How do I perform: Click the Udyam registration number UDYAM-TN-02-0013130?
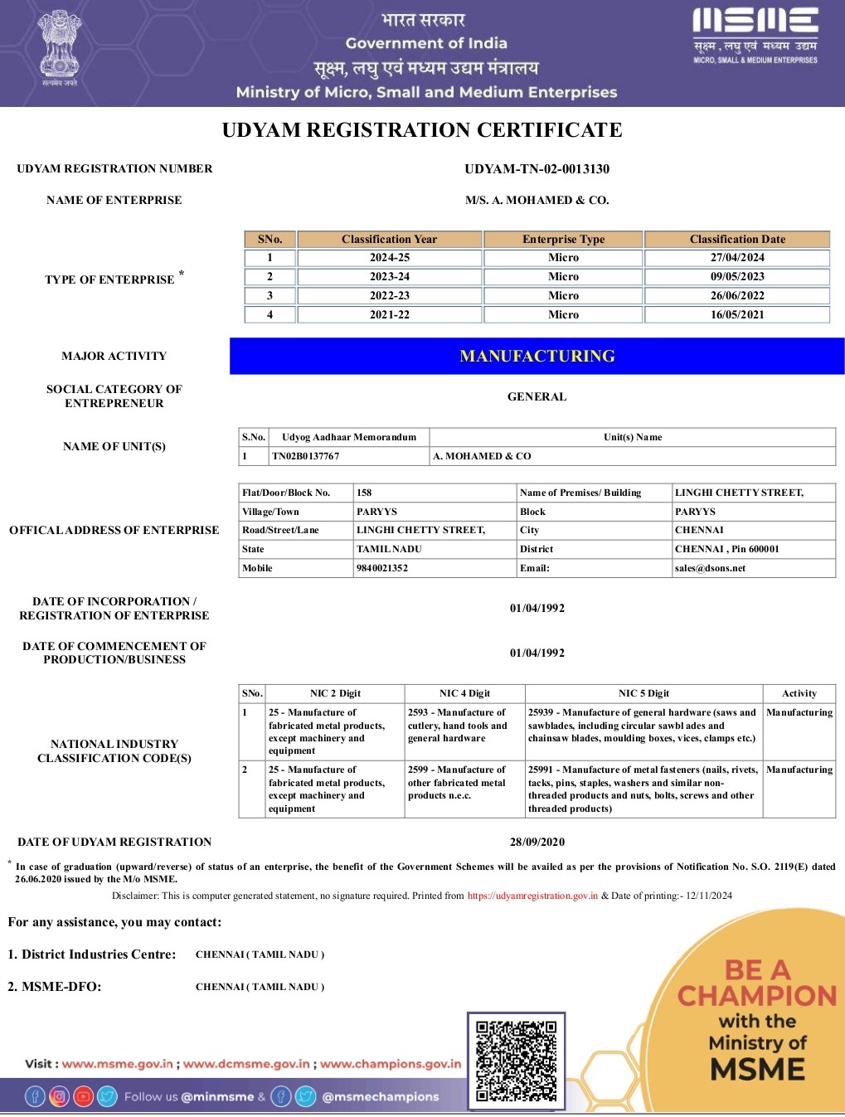point(537,169)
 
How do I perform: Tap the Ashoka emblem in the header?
point(60,46)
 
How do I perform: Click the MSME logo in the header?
point(755,36)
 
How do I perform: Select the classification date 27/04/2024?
point(737,258)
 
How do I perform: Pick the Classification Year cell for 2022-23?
point(389,296)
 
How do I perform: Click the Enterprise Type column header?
point(563,240)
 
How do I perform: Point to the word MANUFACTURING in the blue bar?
point(537,357)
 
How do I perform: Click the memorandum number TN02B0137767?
point(306,456)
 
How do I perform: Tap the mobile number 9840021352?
point(382,569)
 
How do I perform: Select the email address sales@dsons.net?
point(710,569)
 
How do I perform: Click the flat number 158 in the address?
point(364,493)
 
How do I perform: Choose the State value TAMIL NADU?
point(389,550)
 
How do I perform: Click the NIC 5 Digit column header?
point(643,694)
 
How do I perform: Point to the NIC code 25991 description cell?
point(643,789)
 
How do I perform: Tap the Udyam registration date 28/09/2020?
point(537,843)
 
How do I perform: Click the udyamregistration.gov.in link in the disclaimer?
point(532,896)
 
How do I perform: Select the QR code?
point(516,1061)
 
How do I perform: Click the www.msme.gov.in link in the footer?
point(118,1064)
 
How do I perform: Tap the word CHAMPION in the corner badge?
point(757,995)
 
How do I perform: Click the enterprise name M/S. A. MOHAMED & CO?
point(537,201)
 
